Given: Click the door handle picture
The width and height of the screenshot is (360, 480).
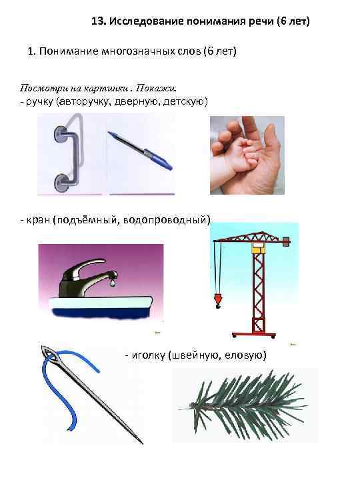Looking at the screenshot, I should point(67,154).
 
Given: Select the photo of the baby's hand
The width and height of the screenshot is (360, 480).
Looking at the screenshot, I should point(247,155).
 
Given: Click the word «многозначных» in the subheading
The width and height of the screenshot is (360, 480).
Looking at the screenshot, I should point(154,51).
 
